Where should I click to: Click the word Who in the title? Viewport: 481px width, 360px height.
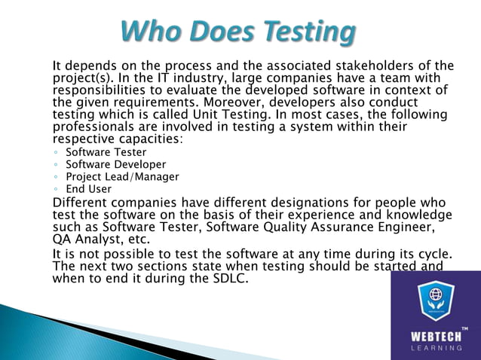150,32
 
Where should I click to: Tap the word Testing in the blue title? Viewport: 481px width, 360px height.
305,32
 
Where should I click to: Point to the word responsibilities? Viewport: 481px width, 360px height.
103,90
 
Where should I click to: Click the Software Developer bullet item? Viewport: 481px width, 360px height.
115,164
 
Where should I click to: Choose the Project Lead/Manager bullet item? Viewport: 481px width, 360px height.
122,177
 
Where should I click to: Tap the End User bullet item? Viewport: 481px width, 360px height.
88,189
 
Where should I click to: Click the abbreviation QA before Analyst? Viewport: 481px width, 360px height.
62,239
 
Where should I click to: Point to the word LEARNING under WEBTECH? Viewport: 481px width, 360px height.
435,348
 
